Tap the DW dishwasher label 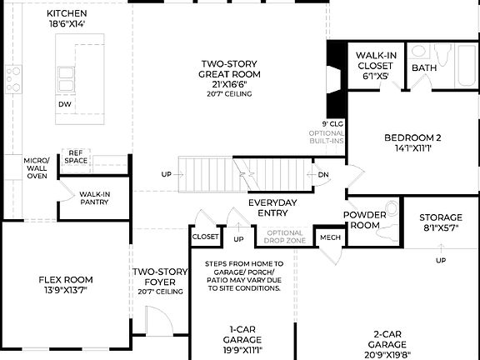click(64, 104)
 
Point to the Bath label click(424, 68)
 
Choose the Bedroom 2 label click(412, 143)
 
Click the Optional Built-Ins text click(327, 137)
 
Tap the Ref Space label click(76, 157)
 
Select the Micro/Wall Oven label click(36, 167)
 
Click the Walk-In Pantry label click(94, 198)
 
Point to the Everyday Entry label click(272, 208)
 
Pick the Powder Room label click(365, 220)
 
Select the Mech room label click(331, 237)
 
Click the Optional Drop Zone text click(284, 237)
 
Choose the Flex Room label click(65, 284)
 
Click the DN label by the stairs click(323, 175)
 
